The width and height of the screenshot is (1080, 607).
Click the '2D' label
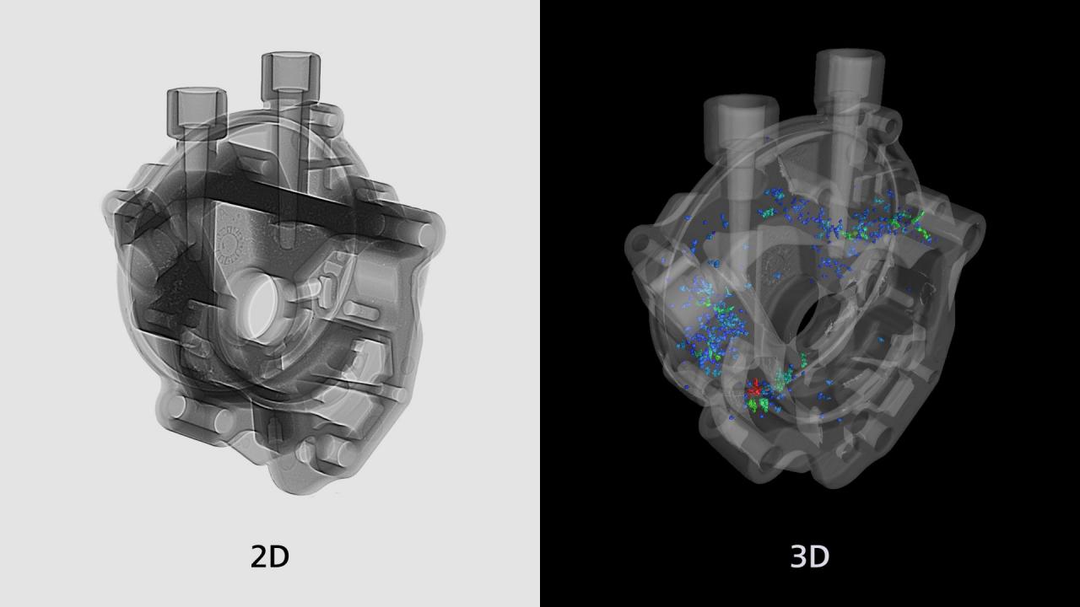click(270, 556)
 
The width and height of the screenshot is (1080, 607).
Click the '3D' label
click(809, 556)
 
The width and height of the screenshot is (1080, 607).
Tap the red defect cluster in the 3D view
click(756, 389)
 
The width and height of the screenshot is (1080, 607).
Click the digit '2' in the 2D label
click(260, 556)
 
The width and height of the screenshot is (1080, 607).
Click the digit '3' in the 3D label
click(799, 556)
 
